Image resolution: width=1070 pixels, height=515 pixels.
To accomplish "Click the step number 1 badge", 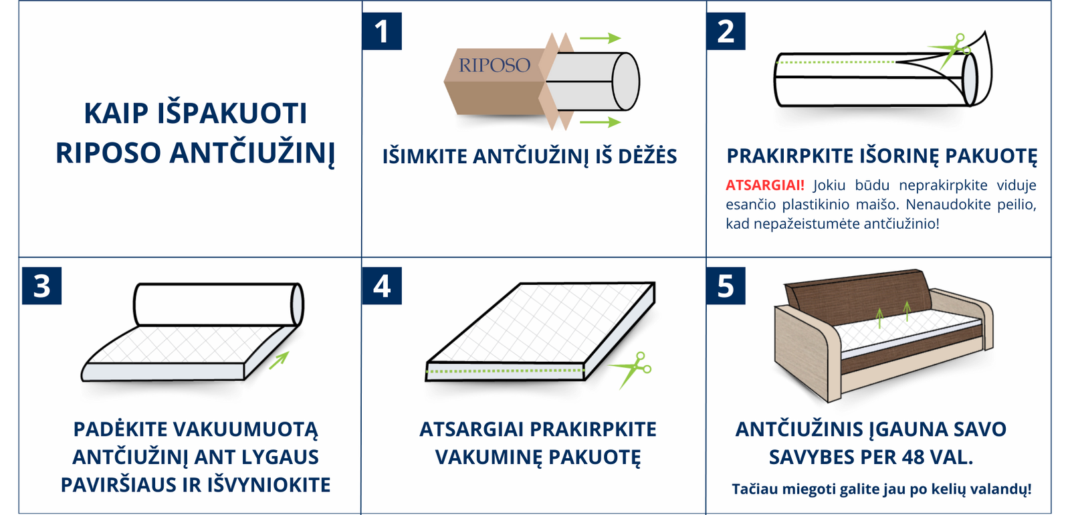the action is (382, 31).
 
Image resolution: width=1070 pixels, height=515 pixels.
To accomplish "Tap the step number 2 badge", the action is (726, 31).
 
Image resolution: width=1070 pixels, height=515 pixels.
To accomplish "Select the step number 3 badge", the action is (41, 286).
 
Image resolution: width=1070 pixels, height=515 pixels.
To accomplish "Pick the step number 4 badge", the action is (382, 286).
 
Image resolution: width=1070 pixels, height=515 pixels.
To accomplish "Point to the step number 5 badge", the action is (726, 286).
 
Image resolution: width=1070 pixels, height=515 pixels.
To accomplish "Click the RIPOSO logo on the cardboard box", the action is (494, 66).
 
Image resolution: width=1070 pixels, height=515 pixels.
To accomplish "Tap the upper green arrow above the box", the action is (600, 38).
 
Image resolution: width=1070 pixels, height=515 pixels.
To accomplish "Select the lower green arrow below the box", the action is (600, 122).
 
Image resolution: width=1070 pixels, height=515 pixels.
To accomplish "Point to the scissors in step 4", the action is (631, 370).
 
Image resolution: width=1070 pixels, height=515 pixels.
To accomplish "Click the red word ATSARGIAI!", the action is (765, 185).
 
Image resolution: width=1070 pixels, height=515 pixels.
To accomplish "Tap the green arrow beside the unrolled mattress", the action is (280, 360).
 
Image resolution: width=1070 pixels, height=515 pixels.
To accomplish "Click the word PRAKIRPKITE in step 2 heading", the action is (790, 157).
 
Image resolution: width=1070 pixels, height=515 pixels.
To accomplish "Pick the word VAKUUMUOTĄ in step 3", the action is (249, 429).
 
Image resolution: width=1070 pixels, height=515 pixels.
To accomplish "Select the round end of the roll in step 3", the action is (297, 305).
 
